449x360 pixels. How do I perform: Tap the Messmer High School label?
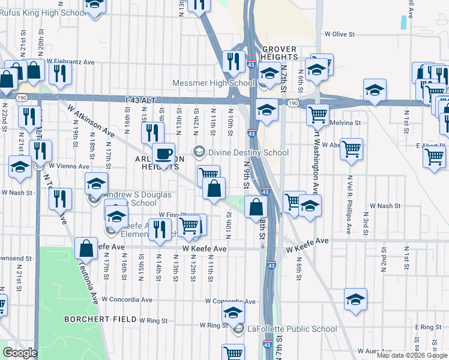213,83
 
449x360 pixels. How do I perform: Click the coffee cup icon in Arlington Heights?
163,155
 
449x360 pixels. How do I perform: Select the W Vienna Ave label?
68,165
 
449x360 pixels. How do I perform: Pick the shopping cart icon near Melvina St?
317,114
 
